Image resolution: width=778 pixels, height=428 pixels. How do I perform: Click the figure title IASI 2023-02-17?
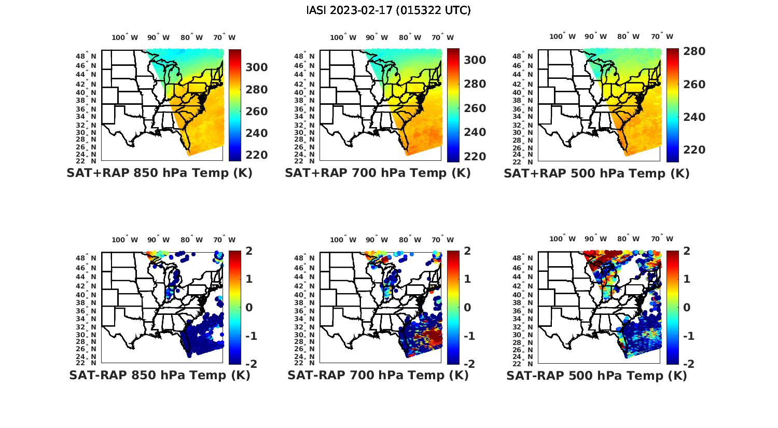point(388,10)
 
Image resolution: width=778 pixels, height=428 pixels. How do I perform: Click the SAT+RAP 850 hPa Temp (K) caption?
point(159,173)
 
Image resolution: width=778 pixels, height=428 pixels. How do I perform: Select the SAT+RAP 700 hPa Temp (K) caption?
point(378,173)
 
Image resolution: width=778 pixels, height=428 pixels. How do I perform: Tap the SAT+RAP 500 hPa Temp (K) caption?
point(596,173)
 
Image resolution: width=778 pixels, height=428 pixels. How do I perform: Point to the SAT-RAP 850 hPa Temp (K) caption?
point(159,375)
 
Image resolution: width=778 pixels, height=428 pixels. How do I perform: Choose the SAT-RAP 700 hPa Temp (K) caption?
point(378,375)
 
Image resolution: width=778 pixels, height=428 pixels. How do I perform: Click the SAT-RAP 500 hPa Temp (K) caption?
point(596,375)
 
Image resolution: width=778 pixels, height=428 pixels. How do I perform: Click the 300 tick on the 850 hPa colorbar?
point(257,67)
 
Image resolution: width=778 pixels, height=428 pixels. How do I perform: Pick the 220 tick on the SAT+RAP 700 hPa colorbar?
point(475,156)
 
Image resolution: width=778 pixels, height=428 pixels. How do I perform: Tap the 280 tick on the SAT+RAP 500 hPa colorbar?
point(694,51)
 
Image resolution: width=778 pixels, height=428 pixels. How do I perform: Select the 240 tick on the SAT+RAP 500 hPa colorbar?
point(694,117)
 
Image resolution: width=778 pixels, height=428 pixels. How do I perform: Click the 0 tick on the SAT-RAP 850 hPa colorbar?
point(249,307)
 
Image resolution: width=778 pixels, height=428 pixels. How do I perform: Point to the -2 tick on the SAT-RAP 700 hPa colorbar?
point(468,364)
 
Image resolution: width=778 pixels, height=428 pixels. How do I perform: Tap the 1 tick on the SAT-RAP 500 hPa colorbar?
point(687,279)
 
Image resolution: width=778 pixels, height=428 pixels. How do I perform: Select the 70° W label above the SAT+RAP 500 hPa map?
point(662,37)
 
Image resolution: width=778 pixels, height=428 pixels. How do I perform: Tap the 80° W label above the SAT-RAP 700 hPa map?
point(411,240)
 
